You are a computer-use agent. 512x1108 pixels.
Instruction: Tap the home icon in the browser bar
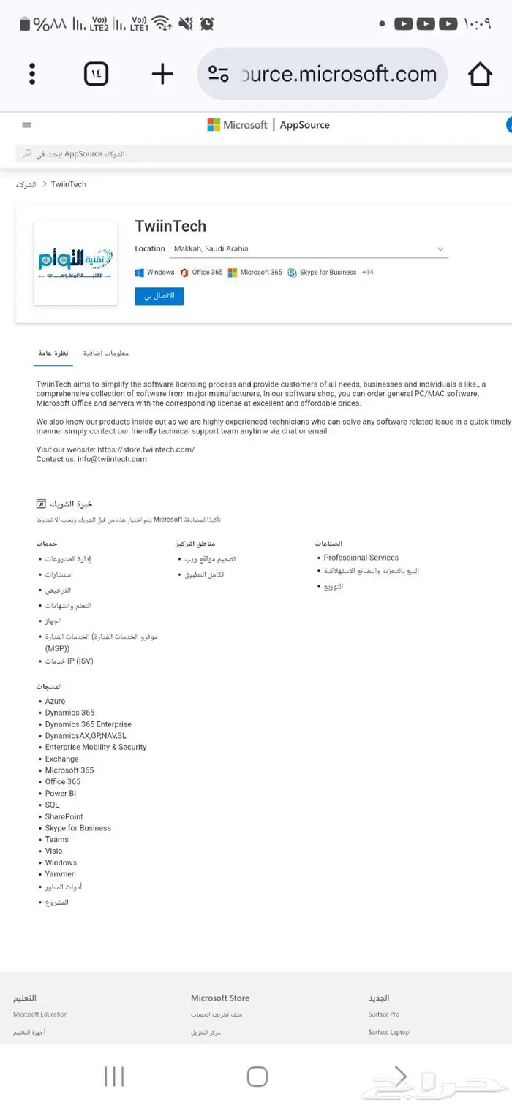pyautogui.click(x=480, y=74)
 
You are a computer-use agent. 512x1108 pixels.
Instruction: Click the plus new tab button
pyautogui.click(x=162, y=74)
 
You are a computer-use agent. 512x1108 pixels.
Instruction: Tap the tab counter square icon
pyautogui.click(x=96, y=74)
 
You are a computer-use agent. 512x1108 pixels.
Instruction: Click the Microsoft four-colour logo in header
pyautogui.click(x=214, y=125)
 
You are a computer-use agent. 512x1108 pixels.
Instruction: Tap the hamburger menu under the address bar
pyautogui.click(x=27, y=125)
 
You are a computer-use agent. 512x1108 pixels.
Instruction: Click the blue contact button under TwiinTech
pyautogui.click(x=159, y=296)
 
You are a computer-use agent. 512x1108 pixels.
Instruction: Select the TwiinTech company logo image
pyautogui.click(x=75, y=263)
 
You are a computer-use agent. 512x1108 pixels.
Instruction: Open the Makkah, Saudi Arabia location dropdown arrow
pyautogui.click(x=440, y=249)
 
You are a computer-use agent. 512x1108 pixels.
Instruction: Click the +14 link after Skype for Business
pyautogui.click(x=367, y=273)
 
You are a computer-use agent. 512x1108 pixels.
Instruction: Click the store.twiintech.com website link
pyautogui.click(x=146, y=449)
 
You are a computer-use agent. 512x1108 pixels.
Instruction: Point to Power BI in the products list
pyautogui.click(x=61, y=794)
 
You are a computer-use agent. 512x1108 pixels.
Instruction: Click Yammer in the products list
pyautogui.click(x=59, y=874)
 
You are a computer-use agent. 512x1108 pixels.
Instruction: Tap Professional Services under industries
pyautogui.click(x=361, y=558)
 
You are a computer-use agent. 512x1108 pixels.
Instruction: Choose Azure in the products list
pyautogui.click(x=55, y=702)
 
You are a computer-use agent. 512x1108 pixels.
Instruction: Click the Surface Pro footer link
pyautogui.click(x=383, y=1014)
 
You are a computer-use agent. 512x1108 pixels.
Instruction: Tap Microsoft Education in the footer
pyautogui.click(x=40, y=1014)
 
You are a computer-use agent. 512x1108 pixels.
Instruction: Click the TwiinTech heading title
pyautogui.click(x=170, y=226)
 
